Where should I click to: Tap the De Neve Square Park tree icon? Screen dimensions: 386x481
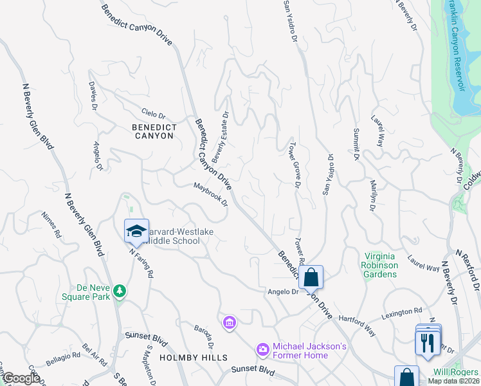pyautogui.click(x=119, y=292)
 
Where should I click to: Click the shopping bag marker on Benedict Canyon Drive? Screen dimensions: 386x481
pyautogui.click(x=311, y=278)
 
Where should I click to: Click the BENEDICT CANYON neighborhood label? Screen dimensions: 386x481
pyautogui.click(x=153, y=131)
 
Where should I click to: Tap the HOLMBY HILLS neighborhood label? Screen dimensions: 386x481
pyautogui.click(x=193, y=357)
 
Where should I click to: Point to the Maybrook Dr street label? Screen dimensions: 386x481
pyautogui.click(x=211, y=194)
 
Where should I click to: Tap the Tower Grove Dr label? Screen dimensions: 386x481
pyautogui.click(x=295, y=165)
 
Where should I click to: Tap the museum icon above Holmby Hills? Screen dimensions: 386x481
pyautogui.click(x=230, y=322)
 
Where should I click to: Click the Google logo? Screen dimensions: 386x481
pyautogui.click(x=21, y=378)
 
